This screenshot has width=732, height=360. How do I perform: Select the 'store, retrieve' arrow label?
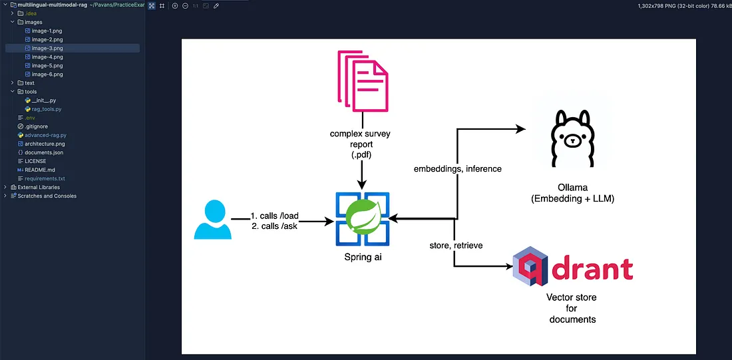(456, 246)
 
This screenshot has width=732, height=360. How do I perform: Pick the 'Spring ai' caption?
(363, 258)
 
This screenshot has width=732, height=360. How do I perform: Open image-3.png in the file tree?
(47, 49)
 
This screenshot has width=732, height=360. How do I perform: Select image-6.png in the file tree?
(47, 75)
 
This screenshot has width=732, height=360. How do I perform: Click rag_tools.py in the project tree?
(47, 109)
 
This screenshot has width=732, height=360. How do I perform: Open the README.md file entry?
(40, 170)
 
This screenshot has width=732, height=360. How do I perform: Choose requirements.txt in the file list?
(45, 178)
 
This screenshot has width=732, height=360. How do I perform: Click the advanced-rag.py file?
(45, 135)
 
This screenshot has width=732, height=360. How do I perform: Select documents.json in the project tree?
(45, 152)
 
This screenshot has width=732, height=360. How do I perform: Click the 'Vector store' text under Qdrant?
(572, 297)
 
